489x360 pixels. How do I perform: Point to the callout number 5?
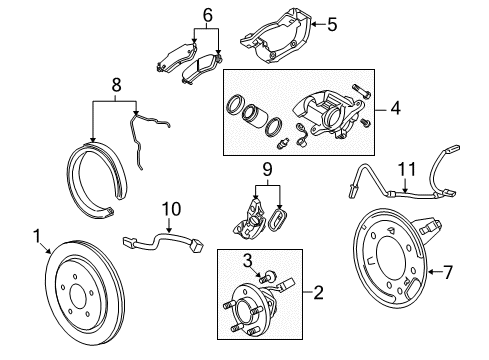pos(334,22)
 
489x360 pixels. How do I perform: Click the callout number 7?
pos(448,270)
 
